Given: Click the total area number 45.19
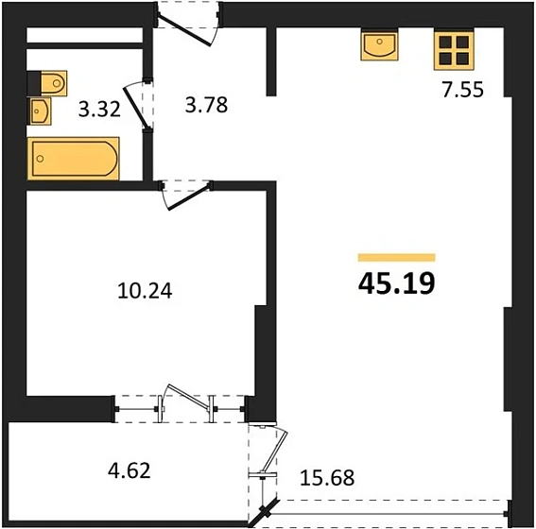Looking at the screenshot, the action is coord(396,283).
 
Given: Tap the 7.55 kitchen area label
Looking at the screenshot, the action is coord(463,90).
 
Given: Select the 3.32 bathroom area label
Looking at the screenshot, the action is coord(99,110).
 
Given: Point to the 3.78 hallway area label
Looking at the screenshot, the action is coord(206,105).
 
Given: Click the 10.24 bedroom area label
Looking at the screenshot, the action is coord(145,291).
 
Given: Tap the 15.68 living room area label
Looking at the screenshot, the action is coord(327,478).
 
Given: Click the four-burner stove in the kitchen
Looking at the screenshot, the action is coord(454,50).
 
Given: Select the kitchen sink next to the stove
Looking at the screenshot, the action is coord(379,45).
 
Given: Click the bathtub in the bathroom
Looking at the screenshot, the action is coord(74,159).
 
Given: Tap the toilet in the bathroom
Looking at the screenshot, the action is coord(54,82).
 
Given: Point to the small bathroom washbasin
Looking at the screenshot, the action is coord(41,111).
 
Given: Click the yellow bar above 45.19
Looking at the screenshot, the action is coord(396,258).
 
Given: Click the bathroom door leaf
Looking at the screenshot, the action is coord(135,107).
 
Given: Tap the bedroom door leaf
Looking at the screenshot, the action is coord(189,196).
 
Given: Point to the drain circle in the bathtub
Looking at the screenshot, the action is coord(41,159).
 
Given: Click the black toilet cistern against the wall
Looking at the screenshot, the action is coord(34,83).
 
